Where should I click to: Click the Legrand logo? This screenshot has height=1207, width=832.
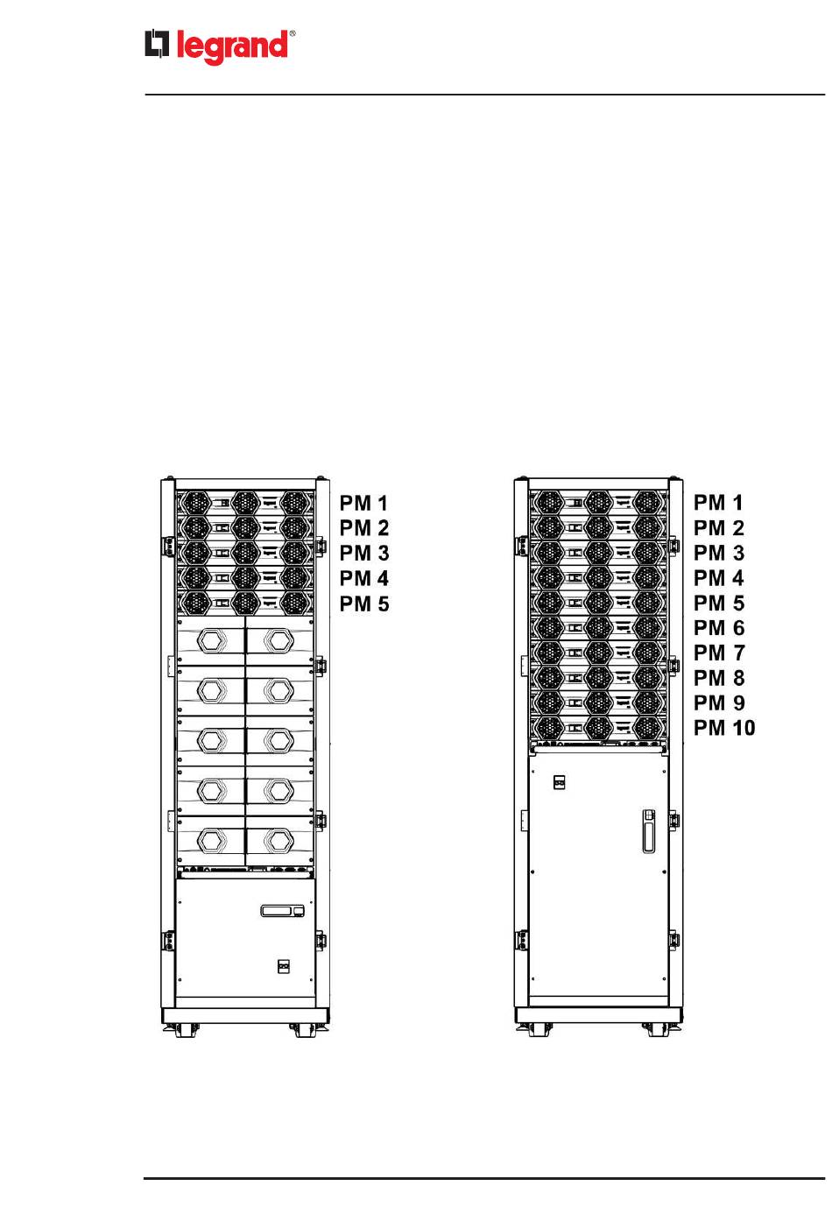pos(218,47)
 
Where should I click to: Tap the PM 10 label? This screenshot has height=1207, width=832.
pos(723,728)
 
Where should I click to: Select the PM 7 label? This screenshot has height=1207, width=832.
pos(718,653)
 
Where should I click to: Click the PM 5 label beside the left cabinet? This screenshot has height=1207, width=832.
pos(363,603)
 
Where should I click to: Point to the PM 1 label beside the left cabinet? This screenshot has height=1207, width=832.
pos(363,503)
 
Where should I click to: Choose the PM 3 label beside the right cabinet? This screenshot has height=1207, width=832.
pos(718,553)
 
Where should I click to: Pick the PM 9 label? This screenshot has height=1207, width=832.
pos(718,702)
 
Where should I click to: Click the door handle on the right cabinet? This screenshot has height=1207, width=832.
pos(648,830)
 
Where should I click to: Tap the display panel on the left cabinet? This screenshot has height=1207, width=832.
pos(283,911)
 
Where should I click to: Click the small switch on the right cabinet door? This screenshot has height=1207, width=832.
pos(560,781)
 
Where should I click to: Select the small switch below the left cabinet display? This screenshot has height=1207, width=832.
pos(283,966)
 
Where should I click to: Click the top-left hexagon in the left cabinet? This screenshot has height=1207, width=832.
pos(210,640)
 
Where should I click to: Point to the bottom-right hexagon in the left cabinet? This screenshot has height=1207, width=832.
pos(279,841)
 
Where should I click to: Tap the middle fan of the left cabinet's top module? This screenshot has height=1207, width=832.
pos(244,503)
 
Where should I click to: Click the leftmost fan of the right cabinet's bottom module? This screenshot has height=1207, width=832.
pos(547,728)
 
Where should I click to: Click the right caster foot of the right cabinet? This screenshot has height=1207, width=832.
pos(657,1031)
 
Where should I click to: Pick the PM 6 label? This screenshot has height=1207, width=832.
pos(718,628)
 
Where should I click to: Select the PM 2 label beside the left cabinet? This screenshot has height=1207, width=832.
pos(363,528)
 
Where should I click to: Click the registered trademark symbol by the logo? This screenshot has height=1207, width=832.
pos(293,34)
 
